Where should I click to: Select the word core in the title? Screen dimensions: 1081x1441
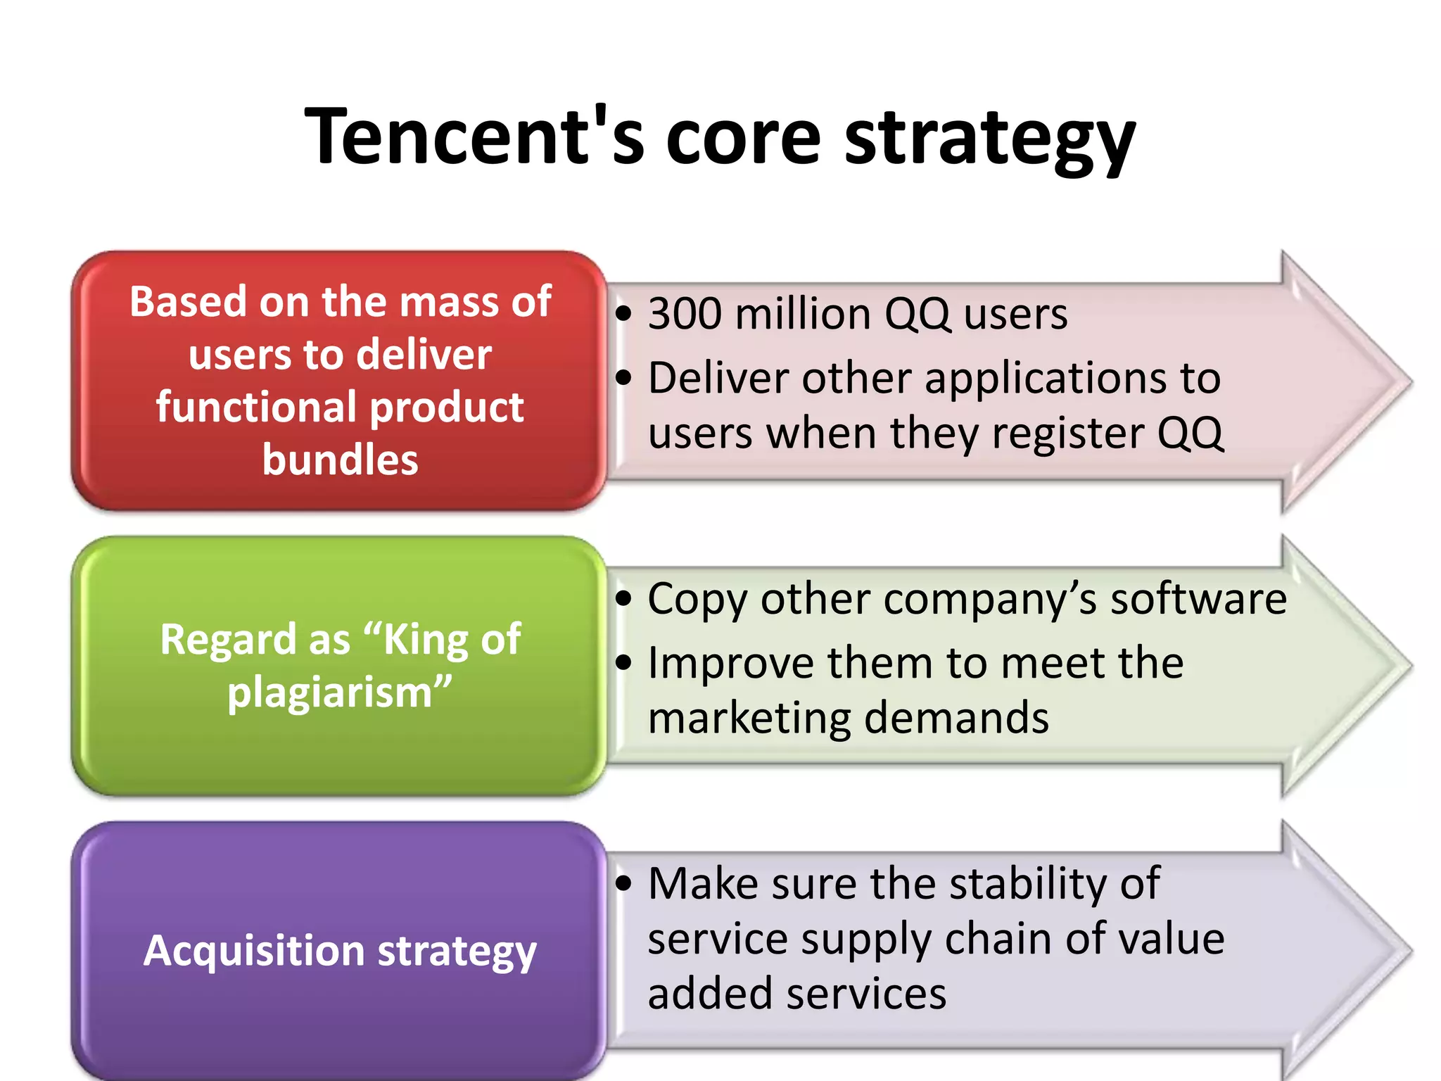click(743, 138)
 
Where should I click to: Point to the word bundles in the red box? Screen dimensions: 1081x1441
click(340, 460)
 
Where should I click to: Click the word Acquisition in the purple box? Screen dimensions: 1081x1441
click(254, 951)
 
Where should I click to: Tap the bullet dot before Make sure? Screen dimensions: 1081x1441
click(623, 883)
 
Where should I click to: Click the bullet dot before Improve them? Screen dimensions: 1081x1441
click(623, 662)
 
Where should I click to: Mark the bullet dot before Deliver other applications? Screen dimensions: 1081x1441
click(623, 378)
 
